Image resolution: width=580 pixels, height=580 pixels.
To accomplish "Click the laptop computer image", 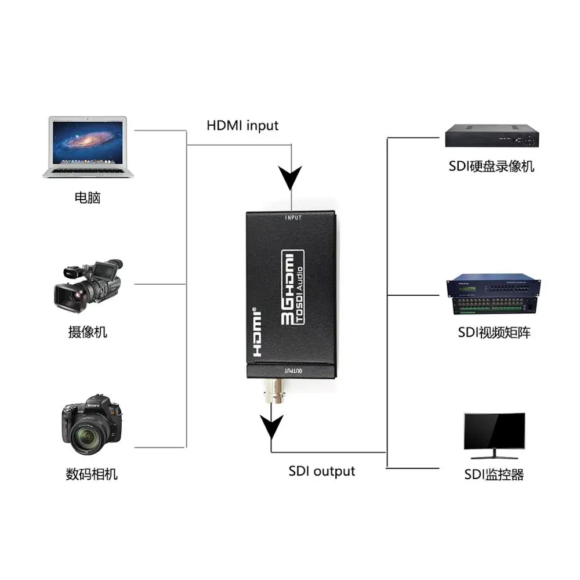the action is (88, 146).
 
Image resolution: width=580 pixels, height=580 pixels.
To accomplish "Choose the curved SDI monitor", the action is (494, 433).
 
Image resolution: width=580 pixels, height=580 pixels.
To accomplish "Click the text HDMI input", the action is (242, 125).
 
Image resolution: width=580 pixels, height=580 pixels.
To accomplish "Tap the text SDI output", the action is (321, 471).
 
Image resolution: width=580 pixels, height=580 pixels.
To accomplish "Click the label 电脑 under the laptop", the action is (88, 198).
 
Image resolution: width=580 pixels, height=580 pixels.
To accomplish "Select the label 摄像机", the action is (88, 332).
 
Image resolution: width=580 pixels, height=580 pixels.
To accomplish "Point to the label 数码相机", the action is (92, 474).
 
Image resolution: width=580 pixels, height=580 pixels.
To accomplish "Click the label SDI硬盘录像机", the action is (491, 167).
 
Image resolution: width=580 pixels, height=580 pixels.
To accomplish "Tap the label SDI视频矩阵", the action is (494, 332).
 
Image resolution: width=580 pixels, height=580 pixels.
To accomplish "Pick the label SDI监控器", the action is (494, 475).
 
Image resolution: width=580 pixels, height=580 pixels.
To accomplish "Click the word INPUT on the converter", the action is (294, 218).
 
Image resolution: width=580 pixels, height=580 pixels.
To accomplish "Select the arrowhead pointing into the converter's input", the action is (289, 176).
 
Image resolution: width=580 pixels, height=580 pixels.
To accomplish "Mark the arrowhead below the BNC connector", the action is (271, 428).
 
